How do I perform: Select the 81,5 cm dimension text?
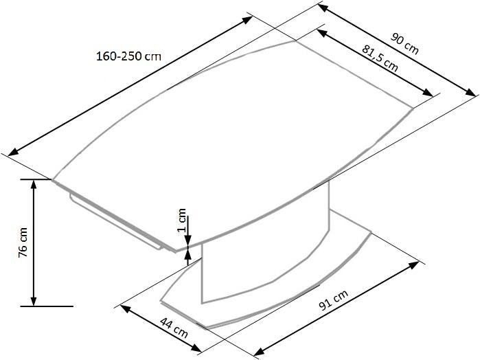378,56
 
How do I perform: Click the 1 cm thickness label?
181,218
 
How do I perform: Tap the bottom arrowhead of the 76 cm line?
33,301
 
